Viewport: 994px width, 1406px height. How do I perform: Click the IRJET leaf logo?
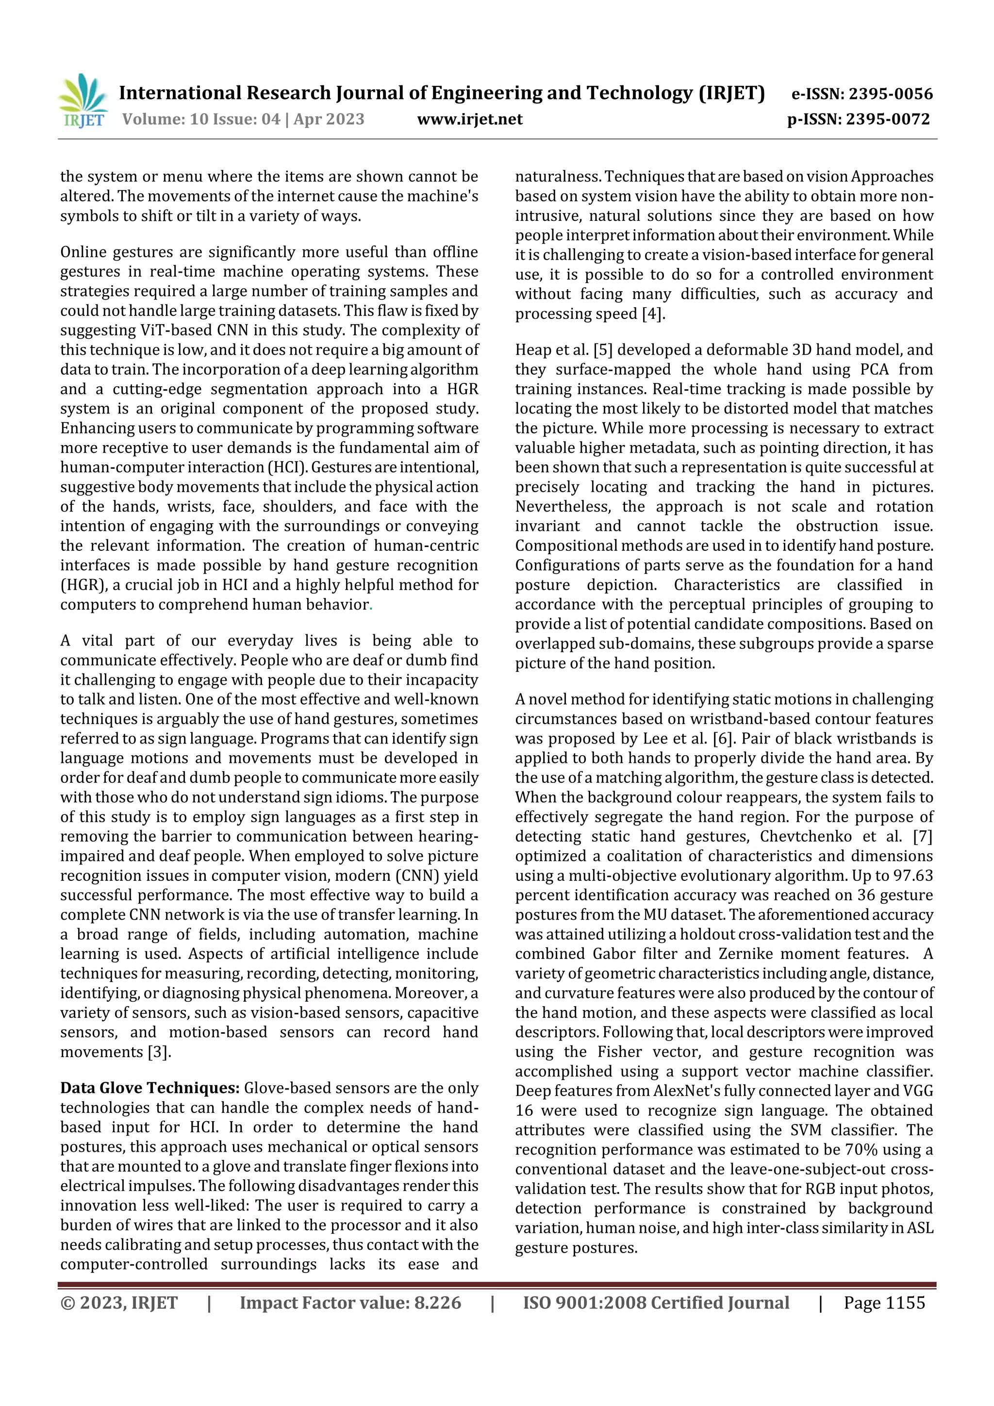tap(83, 100)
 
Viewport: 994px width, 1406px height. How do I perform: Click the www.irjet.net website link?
tap(470, 119)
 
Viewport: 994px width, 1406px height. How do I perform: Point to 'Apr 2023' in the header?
tap(329, 119)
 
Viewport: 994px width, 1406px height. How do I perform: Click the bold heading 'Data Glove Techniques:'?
tap(149, 1088)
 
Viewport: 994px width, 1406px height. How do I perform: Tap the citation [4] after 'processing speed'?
tap(653, 314)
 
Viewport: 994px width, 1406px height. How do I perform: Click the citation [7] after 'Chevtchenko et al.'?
tap(922, 837)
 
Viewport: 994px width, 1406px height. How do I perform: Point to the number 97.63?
tap(912, 876)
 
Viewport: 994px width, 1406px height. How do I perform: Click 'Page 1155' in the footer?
tap(884, 1303)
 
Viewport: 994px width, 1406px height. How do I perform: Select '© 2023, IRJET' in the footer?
tap(119, 1303)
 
